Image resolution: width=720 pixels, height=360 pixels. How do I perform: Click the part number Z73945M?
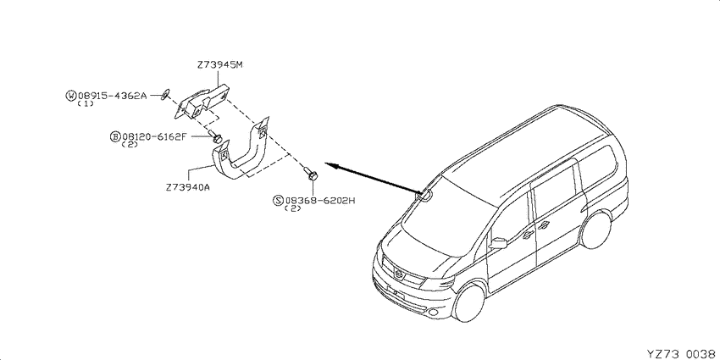(219, 65)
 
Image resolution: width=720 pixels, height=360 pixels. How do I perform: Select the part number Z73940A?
(189, 188)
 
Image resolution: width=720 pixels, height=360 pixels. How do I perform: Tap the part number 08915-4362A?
(112, 96)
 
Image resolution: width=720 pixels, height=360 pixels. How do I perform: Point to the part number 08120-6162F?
(154, 136)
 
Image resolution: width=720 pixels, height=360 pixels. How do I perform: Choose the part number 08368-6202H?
(320, 200)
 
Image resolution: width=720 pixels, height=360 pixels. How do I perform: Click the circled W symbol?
(71, 96)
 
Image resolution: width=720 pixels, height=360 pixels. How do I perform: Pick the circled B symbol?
(115, 136)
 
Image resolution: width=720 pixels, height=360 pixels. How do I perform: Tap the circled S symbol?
(279, 200)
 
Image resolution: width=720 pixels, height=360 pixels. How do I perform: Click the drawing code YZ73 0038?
(682, 353)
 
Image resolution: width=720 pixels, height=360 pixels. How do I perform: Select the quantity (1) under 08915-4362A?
(86, 104)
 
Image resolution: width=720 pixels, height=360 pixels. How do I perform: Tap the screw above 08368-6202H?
(311, 174)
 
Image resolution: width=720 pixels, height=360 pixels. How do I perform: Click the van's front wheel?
(468, 302)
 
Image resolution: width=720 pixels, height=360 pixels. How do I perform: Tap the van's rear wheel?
(595, 230)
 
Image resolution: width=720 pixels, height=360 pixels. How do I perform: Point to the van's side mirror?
(498, 243)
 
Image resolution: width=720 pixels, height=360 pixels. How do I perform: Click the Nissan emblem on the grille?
(400, 274)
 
